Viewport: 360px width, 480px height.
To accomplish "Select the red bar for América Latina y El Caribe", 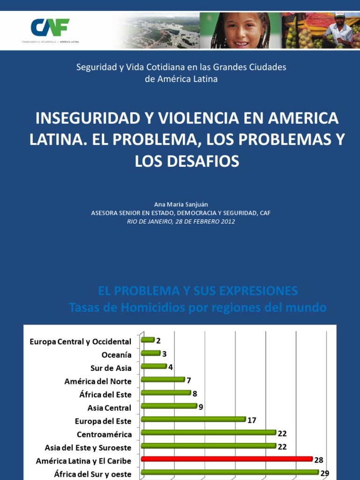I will tap(226, 458).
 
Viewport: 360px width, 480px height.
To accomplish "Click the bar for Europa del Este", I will tap(193, 419).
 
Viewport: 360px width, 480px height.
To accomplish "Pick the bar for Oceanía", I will tap(150, 353).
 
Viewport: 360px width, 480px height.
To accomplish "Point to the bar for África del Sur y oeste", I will tap(230, 472).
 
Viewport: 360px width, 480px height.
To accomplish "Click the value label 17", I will tap(252, 420).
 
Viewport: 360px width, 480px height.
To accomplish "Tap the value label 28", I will tap(319, 460).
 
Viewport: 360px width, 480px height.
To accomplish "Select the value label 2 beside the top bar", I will tap(158, 341).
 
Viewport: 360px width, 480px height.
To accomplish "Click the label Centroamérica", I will tap(104, 435).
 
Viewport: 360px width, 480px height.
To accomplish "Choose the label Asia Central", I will tap(109, 408).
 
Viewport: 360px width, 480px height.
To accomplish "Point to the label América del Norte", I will tap(98, 382).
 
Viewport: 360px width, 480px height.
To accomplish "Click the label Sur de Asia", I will tap(111, 368).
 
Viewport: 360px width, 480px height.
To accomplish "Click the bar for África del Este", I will tap(165, 392).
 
